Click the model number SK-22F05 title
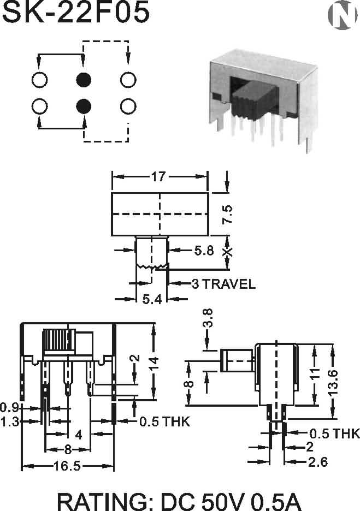[75, 13]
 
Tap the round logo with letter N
[342, 15]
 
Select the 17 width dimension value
[158, 177]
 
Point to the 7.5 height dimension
[227, 214]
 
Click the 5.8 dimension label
[204, 250]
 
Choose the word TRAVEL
[229, 284]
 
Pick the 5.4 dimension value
[152, 299]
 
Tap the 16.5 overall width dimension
[67, 466]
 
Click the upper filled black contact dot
[84, 80]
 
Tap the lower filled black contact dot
[84, 106]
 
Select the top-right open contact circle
[128, 80]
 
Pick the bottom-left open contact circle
[39, 106]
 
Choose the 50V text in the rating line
[222, 501]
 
